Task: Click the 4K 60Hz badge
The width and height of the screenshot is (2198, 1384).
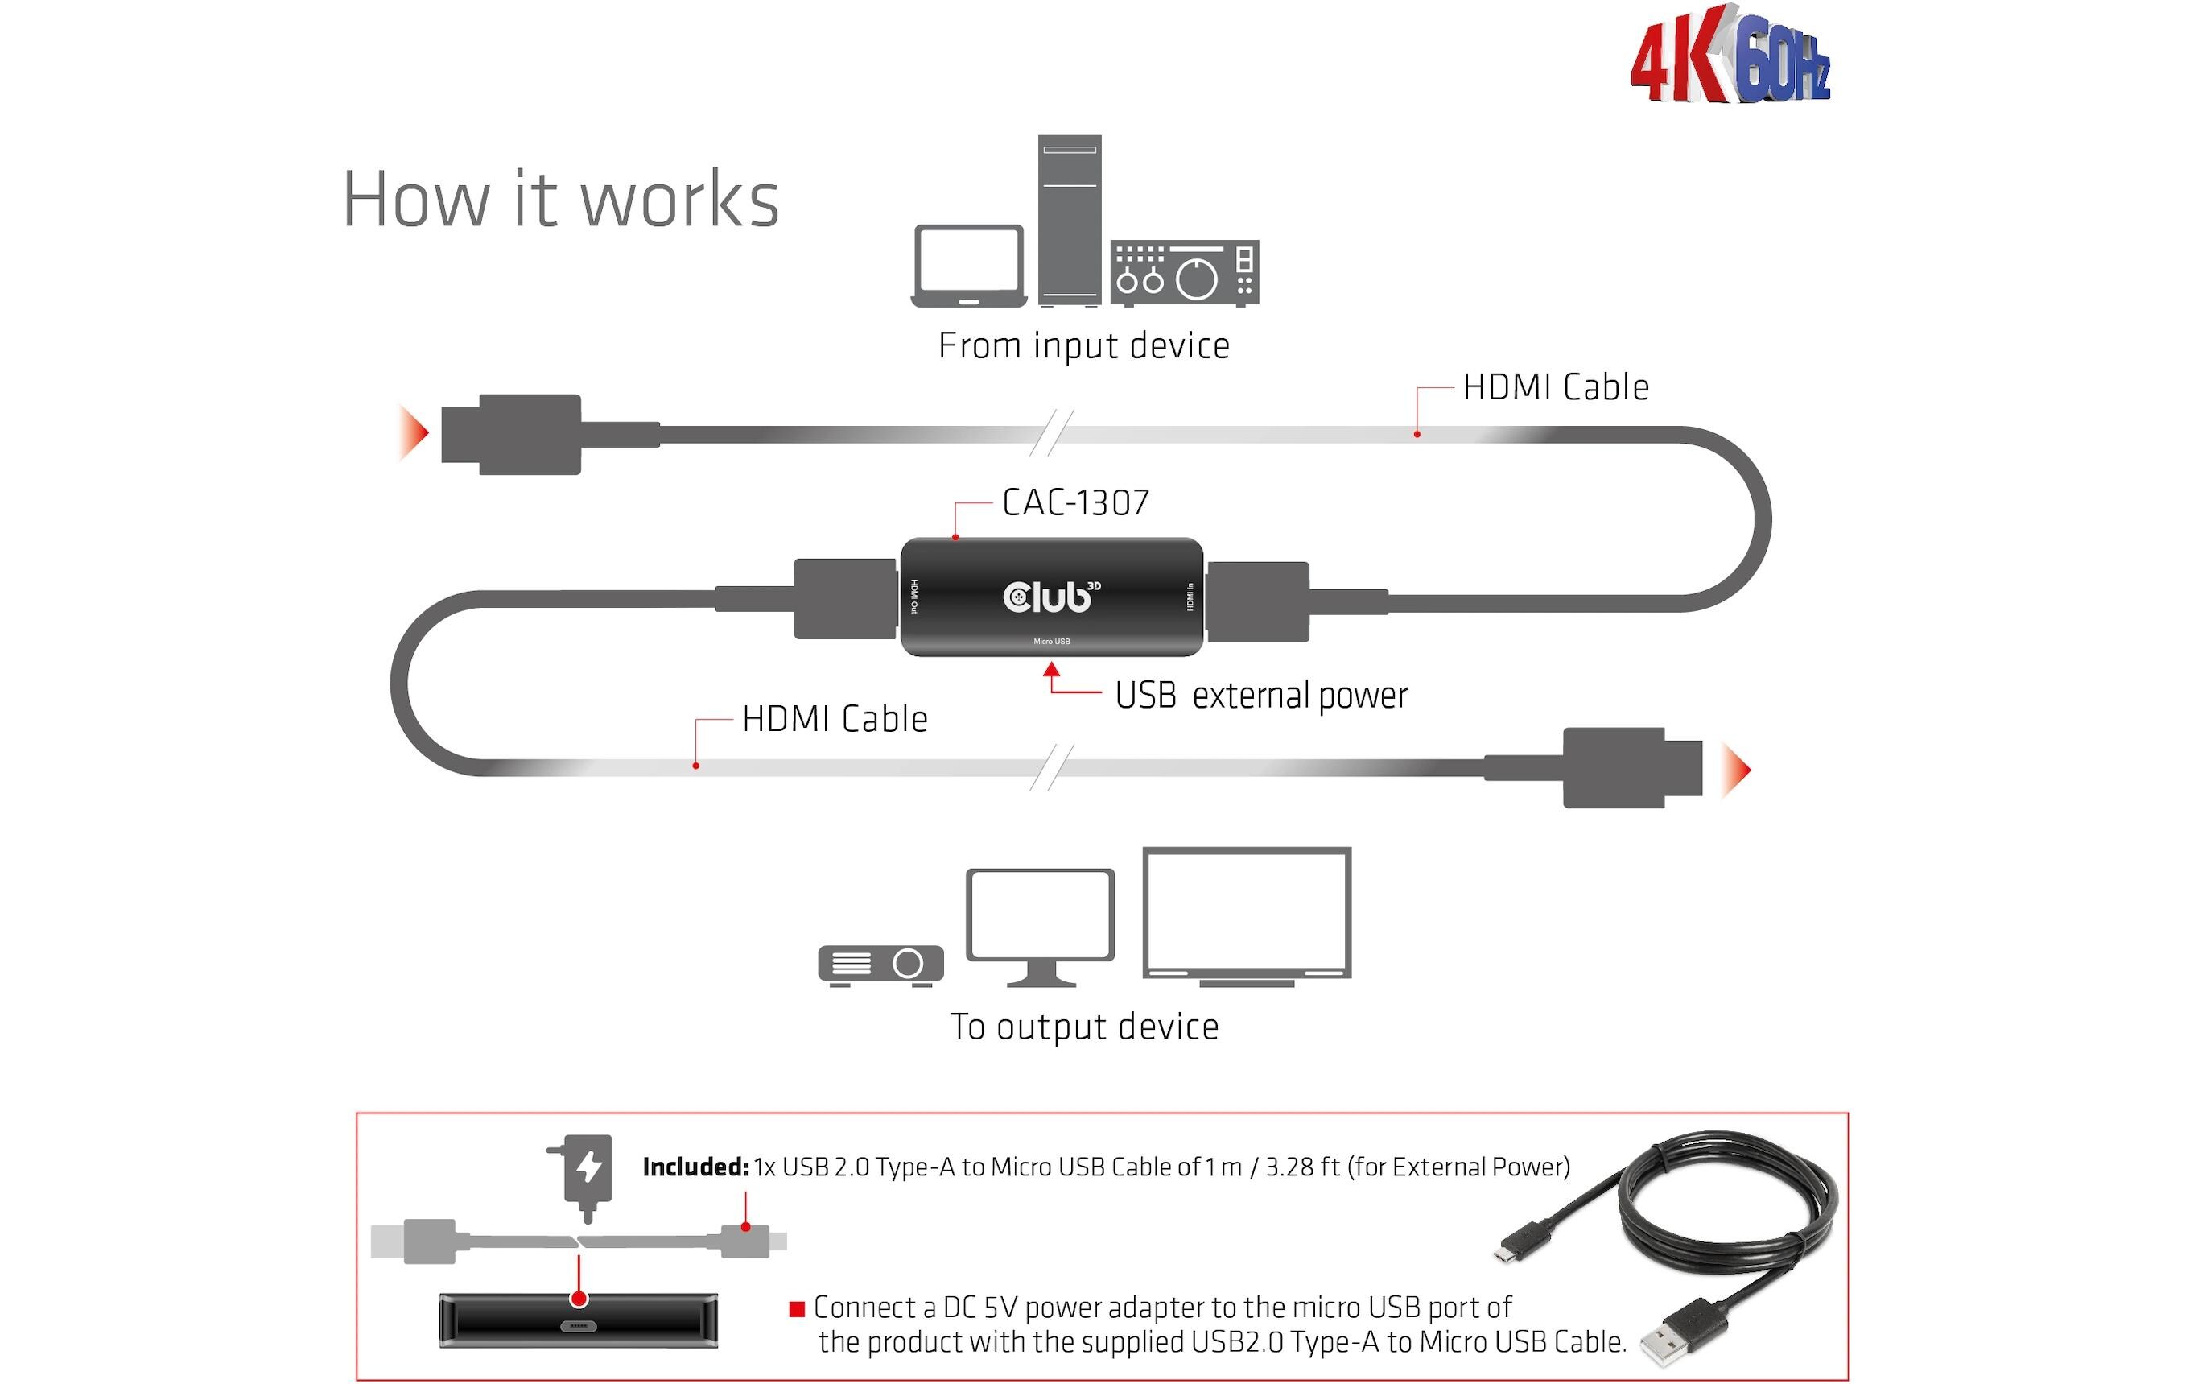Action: point(1730,56)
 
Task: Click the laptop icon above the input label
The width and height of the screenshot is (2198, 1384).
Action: point(968,266)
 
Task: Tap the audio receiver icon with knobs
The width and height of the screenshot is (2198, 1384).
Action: point(1185,272)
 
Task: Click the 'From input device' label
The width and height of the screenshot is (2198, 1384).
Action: point(1083,346)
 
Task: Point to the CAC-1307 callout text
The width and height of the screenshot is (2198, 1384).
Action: point(1075,502)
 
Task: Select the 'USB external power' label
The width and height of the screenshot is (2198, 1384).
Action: point(1260,696)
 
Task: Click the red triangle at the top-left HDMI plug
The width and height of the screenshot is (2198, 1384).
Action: point(413,432)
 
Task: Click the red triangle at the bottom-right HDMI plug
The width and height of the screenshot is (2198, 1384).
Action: point(1735,770)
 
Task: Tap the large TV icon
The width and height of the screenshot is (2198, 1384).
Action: point(1246,915)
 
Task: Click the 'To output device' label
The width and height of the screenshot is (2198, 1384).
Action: point(1083,1027)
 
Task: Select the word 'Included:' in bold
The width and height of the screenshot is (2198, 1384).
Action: point(695,1167)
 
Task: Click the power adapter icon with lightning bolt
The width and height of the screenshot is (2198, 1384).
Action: point(587,1173)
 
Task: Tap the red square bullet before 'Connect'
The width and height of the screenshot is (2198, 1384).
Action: point(796,1309)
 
